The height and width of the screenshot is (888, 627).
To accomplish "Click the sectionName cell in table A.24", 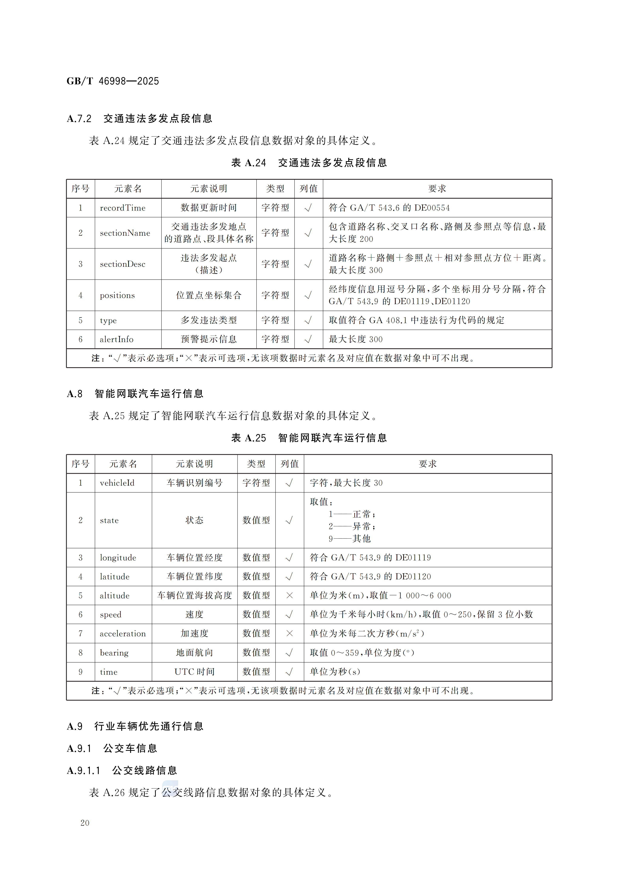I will tap(125, 233).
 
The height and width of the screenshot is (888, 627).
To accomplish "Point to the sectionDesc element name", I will tap(122, 264).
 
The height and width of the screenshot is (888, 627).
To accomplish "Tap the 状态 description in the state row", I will tap(194, 520).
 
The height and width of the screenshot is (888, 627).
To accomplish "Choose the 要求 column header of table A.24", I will tap(437, 189).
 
